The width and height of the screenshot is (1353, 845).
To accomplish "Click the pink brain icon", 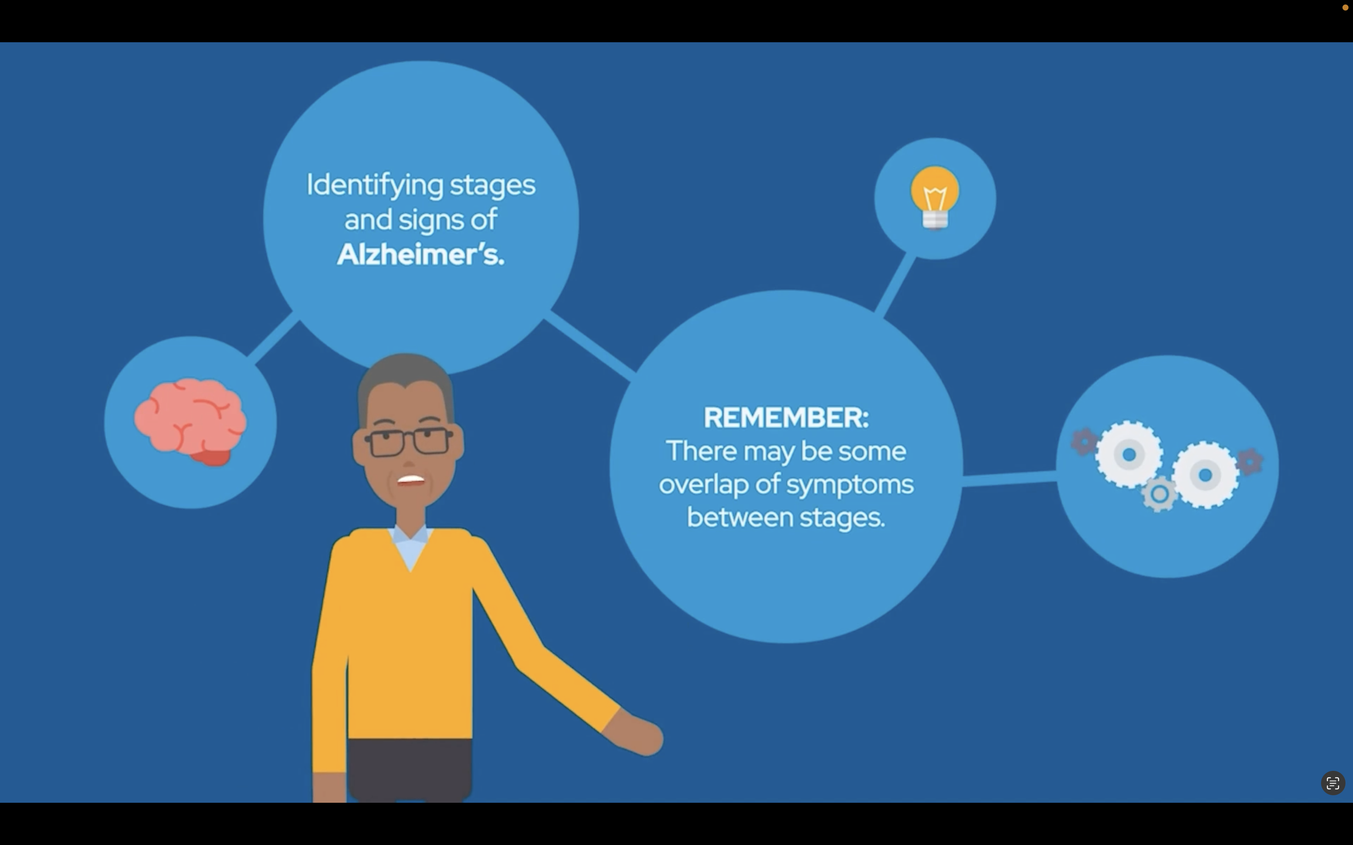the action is coord(190,422).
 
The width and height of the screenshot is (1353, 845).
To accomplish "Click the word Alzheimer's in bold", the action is coord(420,254).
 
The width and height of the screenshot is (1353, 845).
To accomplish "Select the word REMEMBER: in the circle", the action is coord(786,417).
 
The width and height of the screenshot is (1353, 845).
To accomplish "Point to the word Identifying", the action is coord(376,185).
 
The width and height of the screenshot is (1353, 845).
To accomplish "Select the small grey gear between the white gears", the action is coord(1159,494).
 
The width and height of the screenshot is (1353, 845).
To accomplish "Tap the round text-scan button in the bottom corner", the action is coord(1333,783).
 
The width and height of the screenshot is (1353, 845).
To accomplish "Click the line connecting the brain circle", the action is coord(273,338).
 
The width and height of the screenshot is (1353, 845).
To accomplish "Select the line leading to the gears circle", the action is coord(1010,478).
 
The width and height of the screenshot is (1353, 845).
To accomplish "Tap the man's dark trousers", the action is coord(410,770).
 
